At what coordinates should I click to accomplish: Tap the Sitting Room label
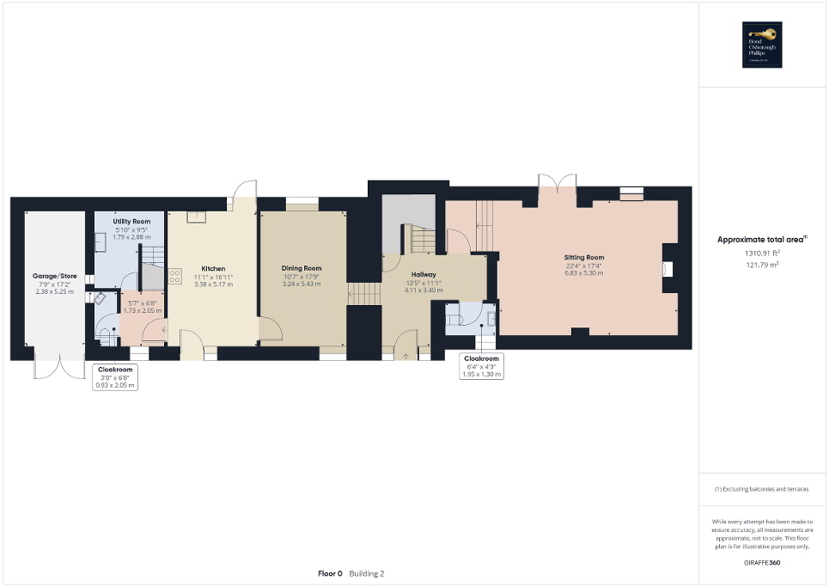tap(583, 257)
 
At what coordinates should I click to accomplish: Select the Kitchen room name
tap(213, 268)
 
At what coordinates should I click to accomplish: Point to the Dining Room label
tap(302, 268)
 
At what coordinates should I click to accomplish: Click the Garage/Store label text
tap(55, 276)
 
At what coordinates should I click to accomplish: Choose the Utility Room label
tap(131, 222)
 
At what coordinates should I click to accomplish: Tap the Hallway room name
tap(424, 274)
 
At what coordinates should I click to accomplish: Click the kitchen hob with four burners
tap(175, 276)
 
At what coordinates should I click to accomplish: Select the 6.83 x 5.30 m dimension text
tap(583, 273)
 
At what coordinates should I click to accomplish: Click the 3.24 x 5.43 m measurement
tap(302, 284)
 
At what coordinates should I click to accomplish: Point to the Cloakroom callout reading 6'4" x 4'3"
tap(481, 367)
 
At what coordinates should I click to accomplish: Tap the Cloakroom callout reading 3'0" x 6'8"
tap(114, 377)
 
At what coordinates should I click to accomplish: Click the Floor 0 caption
tap(330, 573)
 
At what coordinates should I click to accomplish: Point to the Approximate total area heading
tap(761, 240)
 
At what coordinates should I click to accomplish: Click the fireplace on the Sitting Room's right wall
tap(668, 269)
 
